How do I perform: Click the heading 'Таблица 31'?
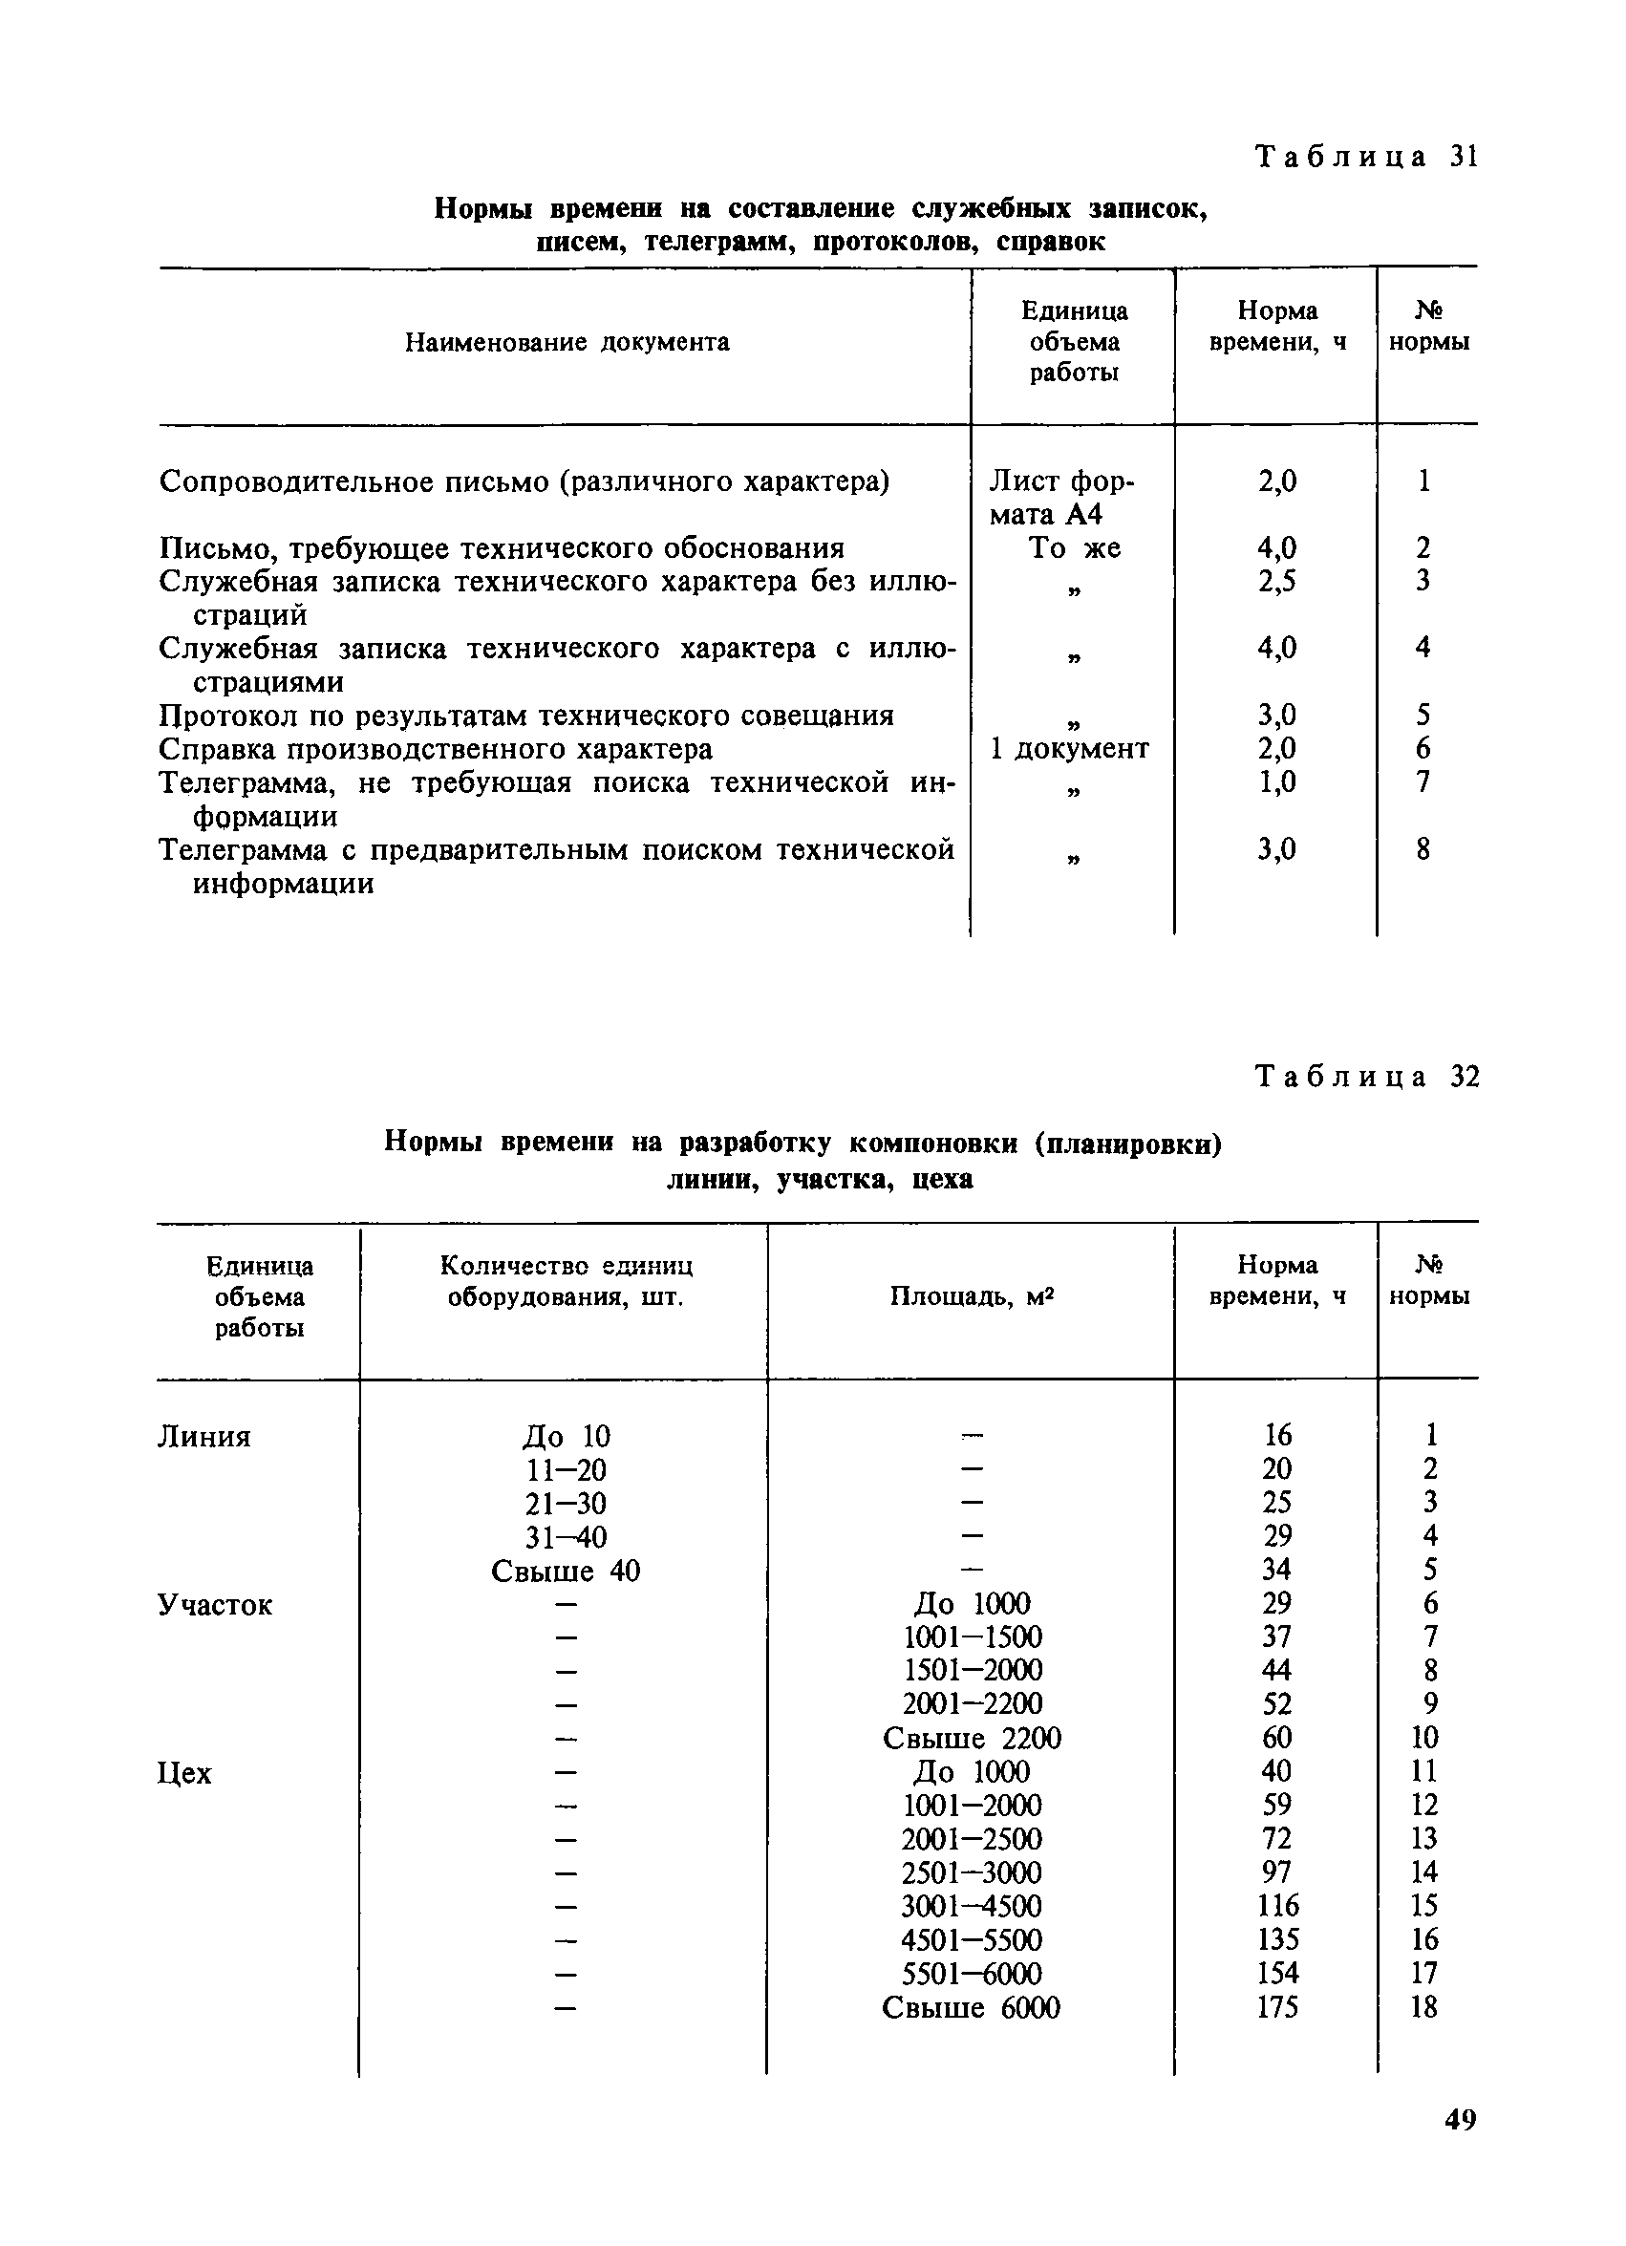(x=1366, y=157)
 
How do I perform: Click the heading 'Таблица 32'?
(x=1366, y=1077)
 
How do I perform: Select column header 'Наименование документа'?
(x=567, y=343)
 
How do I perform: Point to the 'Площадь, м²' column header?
(x=971, y=1296)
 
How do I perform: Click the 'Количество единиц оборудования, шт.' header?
(x=566, y=1281)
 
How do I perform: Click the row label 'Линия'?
(x=204, y=1437)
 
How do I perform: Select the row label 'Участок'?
(x=214, y=1605)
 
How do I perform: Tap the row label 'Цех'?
(x=184, y=1774)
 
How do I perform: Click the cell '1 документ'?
(x=1069, y=749)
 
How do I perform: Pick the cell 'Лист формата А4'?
(x=1061, y=497)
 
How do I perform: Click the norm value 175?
(x=1276, y=2007)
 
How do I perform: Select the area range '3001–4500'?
(x=972, y=1906)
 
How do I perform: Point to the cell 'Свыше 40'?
(x=566, y=1572)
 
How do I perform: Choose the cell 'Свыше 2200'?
(x=972, y=1739)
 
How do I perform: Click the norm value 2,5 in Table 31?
(x=1276, y=581)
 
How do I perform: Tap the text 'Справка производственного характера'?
(x=436, y=750)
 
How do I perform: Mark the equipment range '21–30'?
(x=566, y=1505)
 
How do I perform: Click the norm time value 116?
(x=1276, y=1905)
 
